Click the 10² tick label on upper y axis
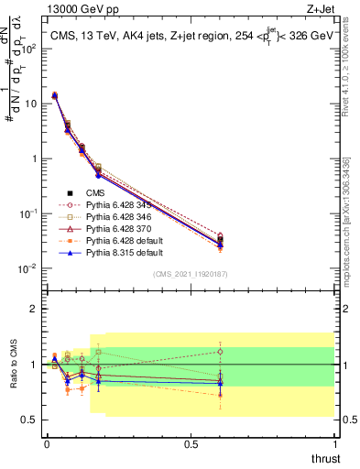32,48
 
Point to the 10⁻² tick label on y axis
30,268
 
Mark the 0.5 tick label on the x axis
191,443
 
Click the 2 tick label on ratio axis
36,309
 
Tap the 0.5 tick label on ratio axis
32,420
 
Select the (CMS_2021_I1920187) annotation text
190,275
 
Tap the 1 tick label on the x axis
334,443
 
